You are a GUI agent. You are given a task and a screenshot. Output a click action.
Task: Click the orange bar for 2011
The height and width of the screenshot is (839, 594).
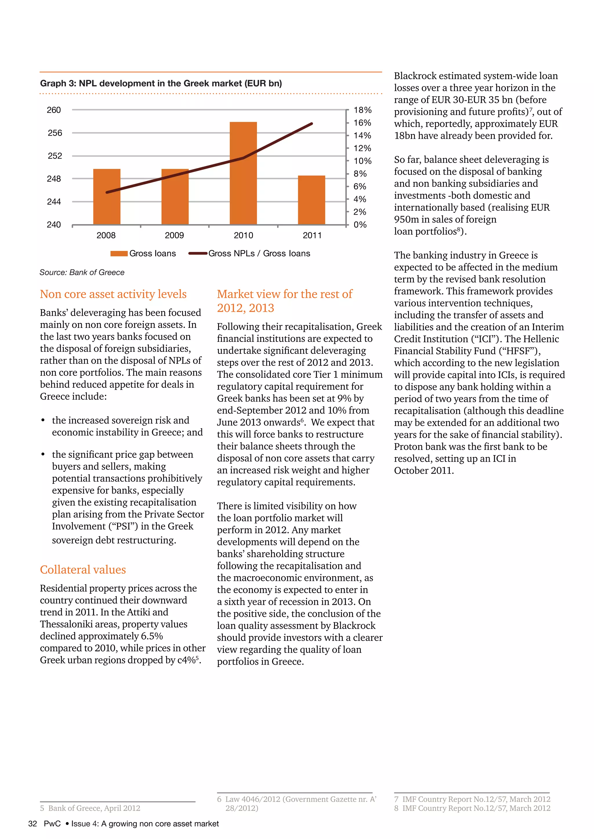click(311, 200)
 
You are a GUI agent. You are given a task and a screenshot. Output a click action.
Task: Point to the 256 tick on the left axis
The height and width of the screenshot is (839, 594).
click(55, 133)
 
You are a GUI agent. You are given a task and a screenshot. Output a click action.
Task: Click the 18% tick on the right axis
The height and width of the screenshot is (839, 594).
click(362, 110)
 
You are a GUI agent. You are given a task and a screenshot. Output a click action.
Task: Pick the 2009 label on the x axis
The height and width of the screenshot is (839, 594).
click(175, 235)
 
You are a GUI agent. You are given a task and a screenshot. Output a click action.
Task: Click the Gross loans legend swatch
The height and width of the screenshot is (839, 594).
click(119, 253)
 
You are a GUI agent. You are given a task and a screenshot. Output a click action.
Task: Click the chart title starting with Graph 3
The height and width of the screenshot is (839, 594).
click(161, 83)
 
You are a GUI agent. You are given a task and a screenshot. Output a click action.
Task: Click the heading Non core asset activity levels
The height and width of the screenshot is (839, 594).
click(113, 294)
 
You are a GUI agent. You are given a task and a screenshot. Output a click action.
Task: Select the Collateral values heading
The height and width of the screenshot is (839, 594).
click(83, 569)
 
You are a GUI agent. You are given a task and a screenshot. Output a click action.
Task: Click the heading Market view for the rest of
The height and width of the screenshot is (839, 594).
click(284, 294)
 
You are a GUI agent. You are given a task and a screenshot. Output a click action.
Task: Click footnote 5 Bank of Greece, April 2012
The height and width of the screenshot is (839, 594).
click(90, 808)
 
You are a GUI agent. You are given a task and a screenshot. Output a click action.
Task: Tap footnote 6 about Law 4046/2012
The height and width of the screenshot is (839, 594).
click(296, 799)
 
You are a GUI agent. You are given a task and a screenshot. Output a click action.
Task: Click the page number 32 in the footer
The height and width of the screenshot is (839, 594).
click(32, 824)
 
